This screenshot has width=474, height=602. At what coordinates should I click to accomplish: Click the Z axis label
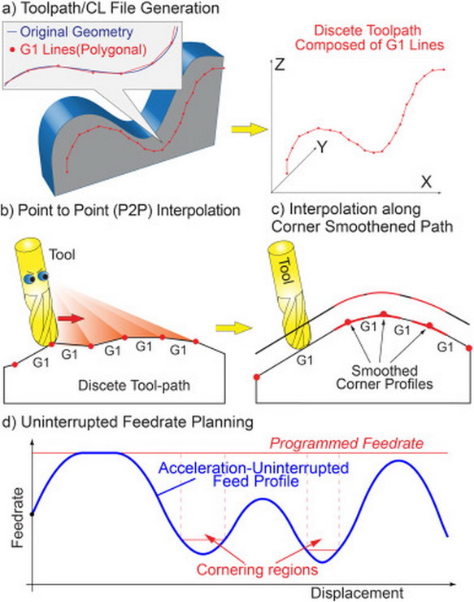[x=279, y=64]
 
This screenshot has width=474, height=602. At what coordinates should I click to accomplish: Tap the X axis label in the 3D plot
[x=426, y=181]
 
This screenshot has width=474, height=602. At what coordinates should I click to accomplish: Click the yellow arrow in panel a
[x=249, y=129]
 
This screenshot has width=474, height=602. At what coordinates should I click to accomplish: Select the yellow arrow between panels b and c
[x=233, y=329]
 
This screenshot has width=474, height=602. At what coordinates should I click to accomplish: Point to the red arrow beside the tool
[x=71, y=319]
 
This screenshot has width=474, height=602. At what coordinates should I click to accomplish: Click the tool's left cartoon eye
[x=29, y=278]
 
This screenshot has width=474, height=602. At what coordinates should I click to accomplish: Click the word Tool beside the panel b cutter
[x=62, y=255]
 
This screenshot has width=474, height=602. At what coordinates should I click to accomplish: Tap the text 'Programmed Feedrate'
[x=346, y=443]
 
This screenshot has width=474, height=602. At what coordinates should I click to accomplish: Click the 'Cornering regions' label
[x=257, y=569]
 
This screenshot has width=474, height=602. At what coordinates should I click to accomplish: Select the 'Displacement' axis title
[x=357, y=593]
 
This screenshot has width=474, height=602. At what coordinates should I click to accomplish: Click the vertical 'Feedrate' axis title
[x=18, y=517]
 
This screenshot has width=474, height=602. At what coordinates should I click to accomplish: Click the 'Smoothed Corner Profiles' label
[x=385, y=377]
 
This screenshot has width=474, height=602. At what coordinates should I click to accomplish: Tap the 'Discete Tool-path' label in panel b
[x=134, y=385]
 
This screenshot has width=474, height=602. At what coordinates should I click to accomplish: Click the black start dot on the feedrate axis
[x=33, y=513]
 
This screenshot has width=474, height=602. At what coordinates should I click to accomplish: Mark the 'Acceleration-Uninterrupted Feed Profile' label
[x=254, y=474]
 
